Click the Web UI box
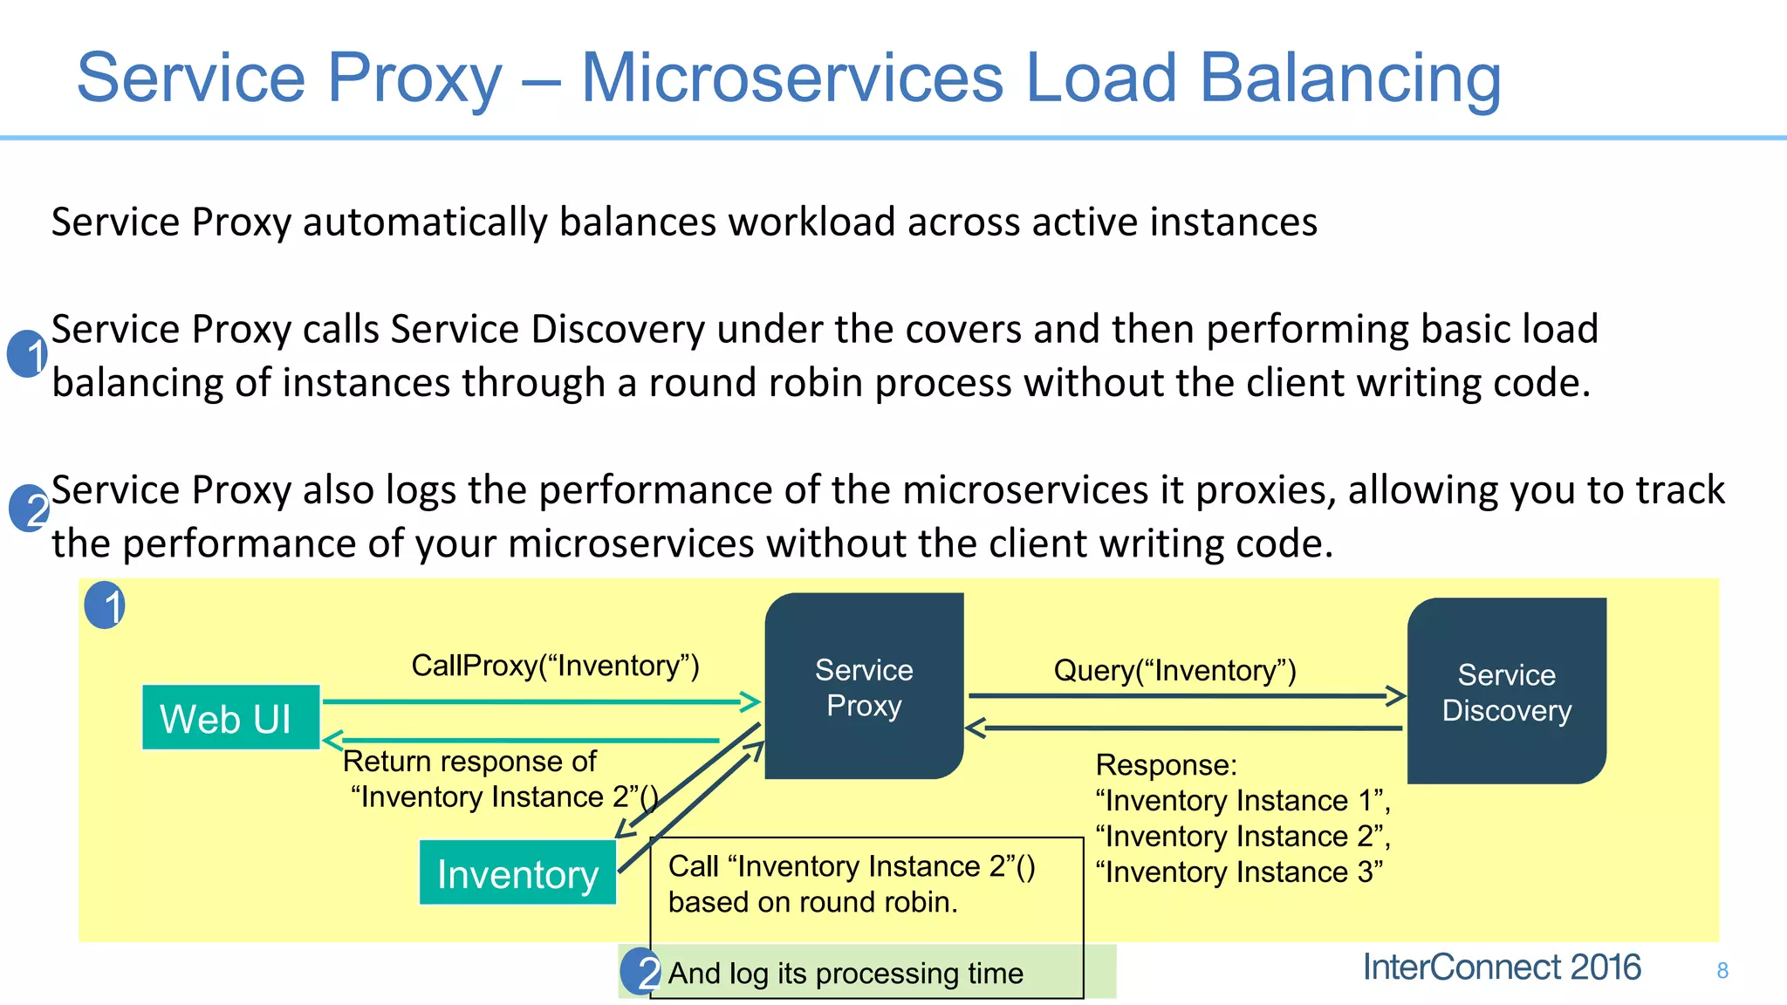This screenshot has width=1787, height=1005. pyautogui.click(x=230, y=718)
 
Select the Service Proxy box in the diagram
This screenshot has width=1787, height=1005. pyautogui.click(x=864, y=687)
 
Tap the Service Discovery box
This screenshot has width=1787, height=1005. pyautogui.click(x=1506, y=692)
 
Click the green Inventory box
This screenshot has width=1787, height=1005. pyautogui.click(x=517, y=872)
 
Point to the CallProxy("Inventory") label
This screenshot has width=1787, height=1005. pyautogui.click(x=555, y=666)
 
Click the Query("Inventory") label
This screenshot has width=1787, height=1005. pyautogui.click(x=1174, y=670)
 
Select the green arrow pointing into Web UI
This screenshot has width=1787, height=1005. pyautogui.click(x=522, y=740)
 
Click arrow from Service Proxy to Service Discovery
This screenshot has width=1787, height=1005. pyautogui.click(x=1187, y=696)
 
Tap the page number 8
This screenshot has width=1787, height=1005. pyautogui.click(x=1722, y=970)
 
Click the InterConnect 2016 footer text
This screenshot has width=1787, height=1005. pyautogui.click(x=1501, y=967)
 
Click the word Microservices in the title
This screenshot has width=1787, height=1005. pyautogui.click(x=791, y=79)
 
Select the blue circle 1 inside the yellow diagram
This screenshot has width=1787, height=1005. pyautogui.click(x=106, y=605)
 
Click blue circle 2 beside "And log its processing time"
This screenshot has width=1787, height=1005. pyautogui.click(x=640, y=972)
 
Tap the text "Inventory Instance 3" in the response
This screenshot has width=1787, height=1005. pyautogui.click(x=1239, y=872)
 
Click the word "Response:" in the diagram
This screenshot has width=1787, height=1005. pyautogui.click(x=1166, y=764)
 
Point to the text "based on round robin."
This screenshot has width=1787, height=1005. pyautogui.click(x=812, y=901)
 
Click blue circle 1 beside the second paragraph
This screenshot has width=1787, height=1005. pyautogui.click(x=28, y=354)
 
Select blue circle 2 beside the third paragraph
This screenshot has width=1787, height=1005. pyautogui.click(x=29, y=509)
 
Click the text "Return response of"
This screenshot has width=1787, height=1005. pyautogui.click(x=469, y=761)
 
